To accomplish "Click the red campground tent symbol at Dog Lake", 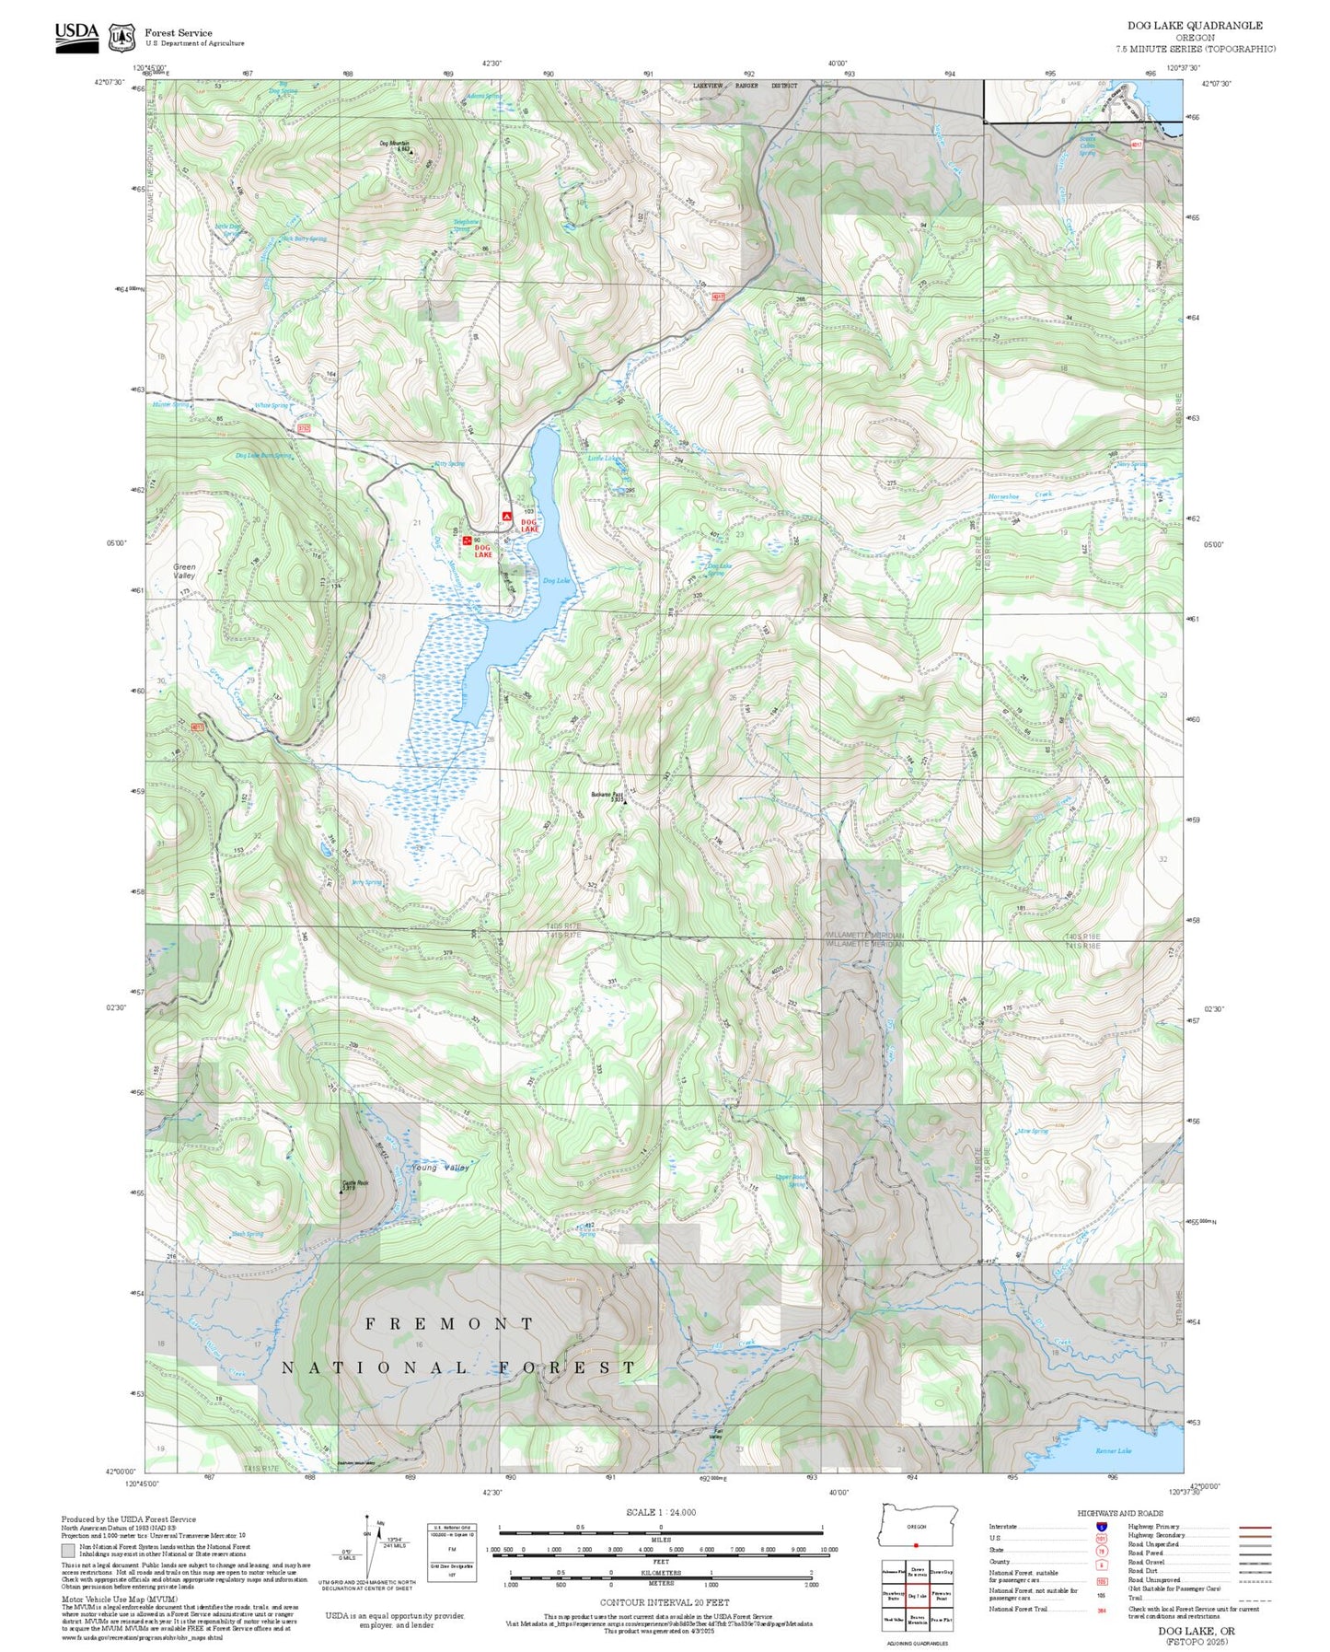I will (506, 518).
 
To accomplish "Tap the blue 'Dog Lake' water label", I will (556, 580).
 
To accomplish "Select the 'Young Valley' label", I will (440, 1168).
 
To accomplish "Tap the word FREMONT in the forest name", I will (449, 1323).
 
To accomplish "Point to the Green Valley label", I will (184, 571).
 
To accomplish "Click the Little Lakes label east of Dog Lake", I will (604, 458).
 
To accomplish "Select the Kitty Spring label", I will (449, 464).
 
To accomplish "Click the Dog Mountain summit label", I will (394, 144).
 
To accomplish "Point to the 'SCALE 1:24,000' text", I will (660, 1512).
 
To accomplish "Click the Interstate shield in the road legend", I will (1101, 1527).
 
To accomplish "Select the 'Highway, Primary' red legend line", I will (1255, 1527).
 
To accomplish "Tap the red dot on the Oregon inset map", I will (916, 1545).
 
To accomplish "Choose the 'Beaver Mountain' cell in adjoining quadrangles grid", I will (917, 1620).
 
